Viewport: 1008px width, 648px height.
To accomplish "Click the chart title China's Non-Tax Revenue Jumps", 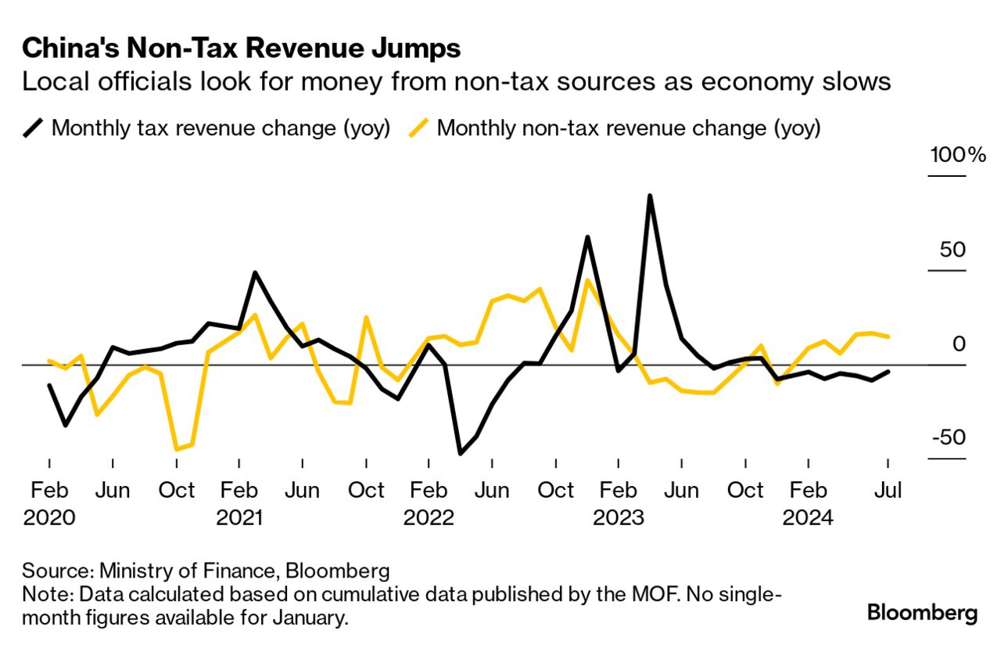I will click(x=241, y=49).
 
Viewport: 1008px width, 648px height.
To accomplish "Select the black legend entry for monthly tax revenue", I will click(x=206, y=128).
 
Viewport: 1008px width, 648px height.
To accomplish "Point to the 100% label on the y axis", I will click(x=957, y=155).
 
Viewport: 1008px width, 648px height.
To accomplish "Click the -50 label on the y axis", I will click(x=948, y=437).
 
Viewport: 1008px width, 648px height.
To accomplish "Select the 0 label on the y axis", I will click(x=959, y=344).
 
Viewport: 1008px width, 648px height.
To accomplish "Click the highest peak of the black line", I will click(x=649, y=196).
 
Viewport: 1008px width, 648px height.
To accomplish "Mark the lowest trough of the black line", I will click(x=460, y=453).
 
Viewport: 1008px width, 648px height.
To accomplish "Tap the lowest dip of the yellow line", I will click(x=176, y=449).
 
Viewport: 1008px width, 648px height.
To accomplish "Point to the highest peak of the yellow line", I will click(x=587, y=280).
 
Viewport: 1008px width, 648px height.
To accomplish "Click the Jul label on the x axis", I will click(x=888, y=491).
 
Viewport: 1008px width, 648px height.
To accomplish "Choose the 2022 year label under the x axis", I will click(x=429, y=518).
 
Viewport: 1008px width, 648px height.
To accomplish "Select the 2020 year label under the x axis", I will click(x=49, y=518).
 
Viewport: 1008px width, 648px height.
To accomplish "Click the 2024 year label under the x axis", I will click(x=809, y=518).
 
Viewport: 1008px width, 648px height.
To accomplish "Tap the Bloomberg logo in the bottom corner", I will click(x=922, y=612).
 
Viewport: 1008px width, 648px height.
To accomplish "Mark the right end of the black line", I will click(x=888, y=372).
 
